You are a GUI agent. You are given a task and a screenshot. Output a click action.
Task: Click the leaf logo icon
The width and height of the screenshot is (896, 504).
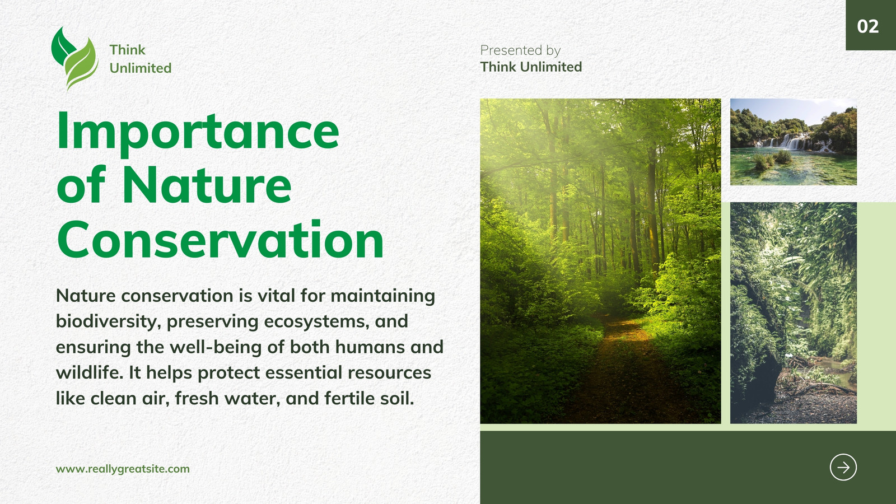tap(74, 58)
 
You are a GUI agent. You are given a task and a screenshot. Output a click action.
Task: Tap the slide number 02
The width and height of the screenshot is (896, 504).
tap(867, 26)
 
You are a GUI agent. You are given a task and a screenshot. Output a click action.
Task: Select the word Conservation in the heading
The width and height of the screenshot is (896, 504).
tap(220, 240)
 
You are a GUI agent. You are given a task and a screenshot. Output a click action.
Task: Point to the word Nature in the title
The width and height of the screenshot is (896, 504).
tap(207, 185)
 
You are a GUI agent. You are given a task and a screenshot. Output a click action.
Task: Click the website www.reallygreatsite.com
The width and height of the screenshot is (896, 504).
tap(123, 469)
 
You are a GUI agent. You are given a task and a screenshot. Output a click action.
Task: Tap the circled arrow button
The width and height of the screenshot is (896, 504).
tap(843, 467)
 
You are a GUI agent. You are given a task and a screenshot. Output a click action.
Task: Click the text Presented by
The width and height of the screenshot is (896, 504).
tap(520, 50)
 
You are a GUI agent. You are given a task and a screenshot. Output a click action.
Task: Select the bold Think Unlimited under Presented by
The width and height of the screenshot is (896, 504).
tap(531, 67)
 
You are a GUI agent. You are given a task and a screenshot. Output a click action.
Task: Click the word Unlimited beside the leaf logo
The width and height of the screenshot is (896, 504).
tap(141, 68)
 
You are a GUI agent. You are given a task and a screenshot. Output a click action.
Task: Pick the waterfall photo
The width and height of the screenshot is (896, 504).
tap(793, 142)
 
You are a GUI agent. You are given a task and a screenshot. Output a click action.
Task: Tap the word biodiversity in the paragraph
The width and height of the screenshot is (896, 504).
tap(106, 321)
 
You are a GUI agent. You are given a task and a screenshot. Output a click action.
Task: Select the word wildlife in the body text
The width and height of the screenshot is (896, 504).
tap(89, 372)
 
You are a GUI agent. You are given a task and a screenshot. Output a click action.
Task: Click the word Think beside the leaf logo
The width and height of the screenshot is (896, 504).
tap(127, 50)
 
